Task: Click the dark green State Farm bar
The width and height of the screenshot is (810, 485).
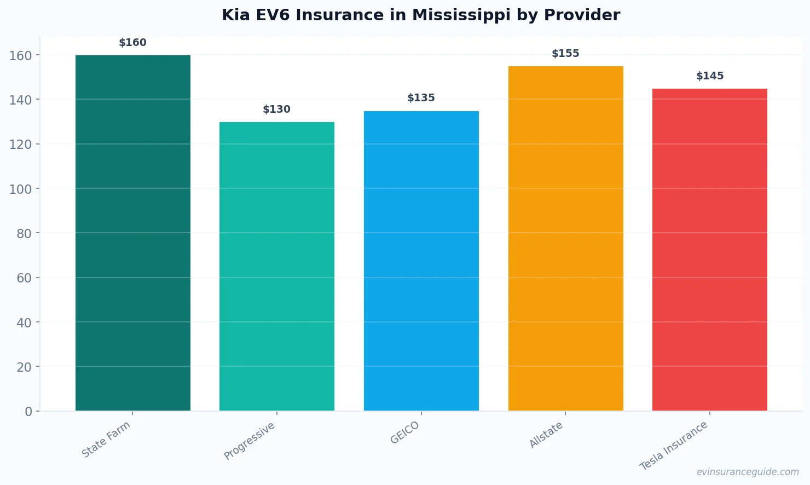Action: [133, 233]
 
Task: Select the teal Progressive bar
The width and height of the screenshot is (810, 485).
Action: [277, 266]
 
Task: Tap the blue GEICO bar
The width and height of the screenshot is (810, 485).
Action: [421, 261]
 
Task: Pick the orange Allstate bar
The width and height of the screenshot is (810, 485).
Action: [565, 238]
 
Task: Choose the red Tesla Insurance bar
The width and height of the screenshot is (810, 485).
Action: [710, 250]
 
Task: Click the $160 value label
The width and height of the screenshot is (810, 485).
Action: [133, 43]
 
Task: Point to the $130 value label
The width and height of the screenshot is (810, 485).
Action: [277, 109]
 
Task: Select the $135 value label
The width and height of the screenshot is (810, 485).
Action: [421, 98]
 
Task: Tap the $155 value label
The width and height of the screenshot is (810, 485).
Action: [565, 54]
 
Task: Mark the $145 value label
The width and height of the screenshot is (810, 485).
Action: [710, 76]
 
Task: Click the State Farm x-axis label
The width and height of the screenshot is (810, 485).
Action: [106, 440]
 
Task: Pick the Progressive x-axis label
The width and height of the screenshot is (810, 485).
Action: [250, 441]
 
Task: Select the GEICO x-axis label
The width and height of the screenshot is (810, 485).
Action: [405, 433]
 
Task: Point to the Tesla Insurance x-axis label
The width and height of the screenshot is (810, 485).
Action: [674, 446]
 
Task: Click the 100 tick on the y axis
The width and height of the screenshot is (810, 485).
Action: [21, 189]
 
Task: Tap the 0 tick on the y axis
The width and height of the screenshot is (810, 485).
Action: [28, 412]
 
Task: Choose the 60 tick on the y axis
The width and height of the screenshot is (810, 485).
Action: [24, 278]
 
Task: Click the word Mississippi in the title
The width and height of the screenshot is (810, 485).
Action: [461, 15]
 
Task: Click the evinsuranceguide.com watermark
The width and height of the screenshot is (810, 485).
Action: [748, 472]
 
